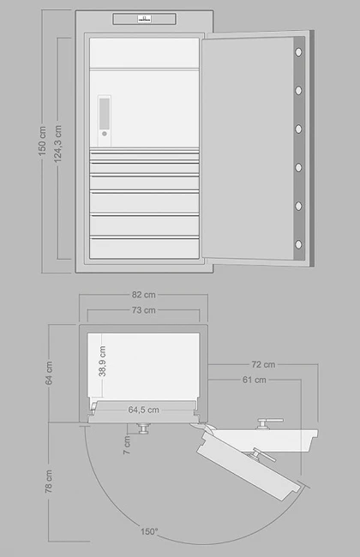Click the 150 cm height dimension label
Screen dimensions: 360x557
(42, 141)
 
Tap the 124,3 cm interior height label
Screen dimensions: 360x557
(58, 144)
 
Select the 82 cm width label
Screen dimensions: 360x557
(144, 295)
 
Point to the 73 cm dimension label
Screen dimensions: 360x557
(144, 310)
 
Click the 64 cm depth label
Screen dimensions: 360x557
(49, 373)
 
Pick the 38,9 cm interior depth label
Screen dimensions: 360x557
(102, 362)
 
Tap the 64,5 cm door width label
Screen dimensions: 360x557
(144, 410)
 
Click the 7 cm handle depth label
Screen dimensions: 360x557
(127, 445)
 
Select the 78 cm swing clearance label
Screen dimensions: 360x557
(49, 482)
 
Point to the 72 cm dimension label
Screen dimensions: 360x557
(263, 364)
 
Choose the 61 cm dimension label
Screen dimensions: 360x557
(255, 380)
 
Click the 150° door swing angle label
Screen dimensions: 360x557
(149, 531)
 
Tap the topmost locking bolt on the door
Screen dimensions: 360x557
(298, 52)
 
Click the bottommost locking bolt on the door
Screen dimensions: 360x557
(298, 244)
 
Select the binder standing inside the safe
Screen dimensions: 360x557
(104, 121)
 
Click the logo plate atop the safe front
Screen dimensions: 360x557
(144, 19)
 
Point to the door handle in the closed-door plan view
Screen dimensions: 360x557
(144, 428)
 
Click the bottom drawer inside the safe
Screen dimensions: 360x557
(144, 248)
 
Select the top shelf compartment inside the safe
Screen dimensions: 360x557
(144, 52)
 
